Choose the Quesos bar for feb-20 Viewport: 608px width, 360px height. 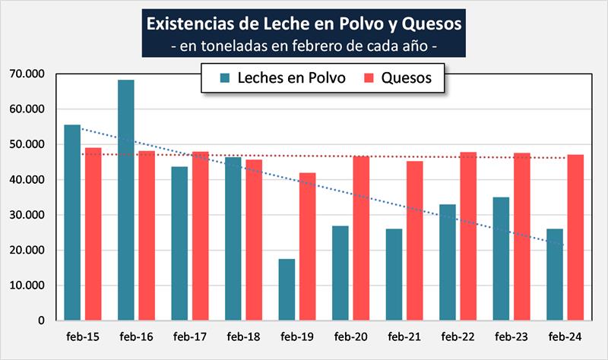361,238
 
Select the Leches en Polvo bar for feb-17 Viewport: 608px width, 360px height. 180,243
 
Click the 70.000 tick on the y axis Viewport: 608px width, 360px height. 28,74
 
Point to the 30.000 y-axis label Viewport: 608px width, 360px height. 28,215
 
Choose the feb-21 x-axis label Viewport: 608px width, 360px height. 404,336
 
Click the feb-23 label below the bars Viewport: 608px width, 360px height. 511,336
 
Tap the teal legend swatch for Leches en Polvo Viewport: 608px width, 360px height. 226,78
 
